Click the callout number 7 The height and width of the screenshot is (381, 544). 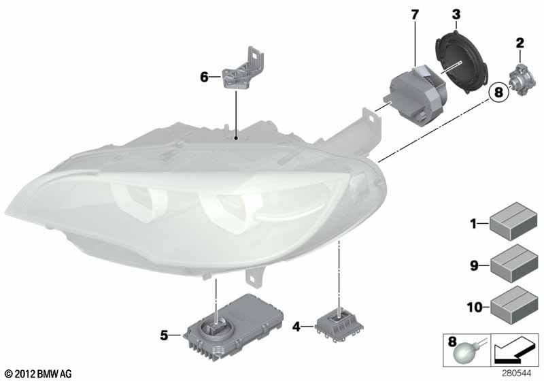(x=415, y=15)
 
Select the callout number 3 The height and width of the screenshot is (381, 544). (x=456, y=14)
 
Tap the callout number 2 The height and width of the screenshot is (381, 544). (x=520, y=43)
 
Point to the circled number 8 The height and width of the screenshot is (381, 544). (x=498, y=93)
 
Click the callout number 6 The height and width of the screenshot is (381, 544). (x=205, y=77)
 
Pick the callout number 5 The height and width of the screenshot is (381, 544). (x=164, y=335)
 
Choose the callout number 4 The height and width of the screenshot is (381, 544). (x=296, y=327)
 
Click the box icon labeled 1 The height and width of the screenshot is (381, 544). (x=513, y=221)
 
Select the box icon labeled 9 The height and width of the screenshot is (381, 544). (x=513, y=263)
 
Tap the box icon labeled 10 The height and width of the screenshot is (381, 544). (x=513, y=305)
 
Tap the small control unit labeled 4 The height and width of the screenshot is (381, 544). (x=339, y=324)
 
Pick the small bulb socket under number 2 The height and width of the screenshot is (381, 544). (x=522, y=80)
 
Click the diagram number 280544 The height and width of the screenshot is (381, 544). (x=516, y=374)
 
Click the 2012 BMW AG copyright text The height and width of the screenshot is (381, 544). (x=39, y=374)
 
